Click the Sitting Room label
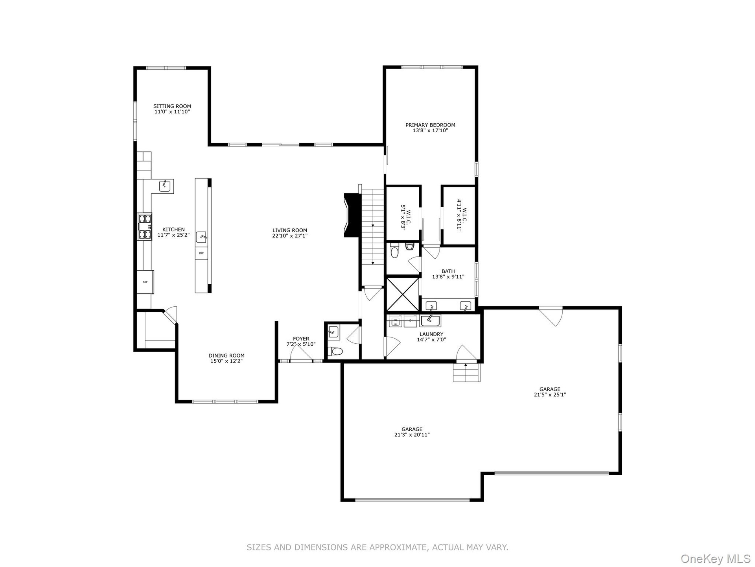click(x=172, y=106)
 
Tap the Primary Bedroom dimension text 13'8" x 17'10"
click(x=431, y=130)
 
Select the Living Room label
click(x=290, y=230)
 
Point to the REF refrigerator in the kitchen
click(x=145, y=282)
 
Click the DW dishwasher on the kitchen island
click(x=201, y=253)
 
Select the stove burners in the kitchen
click(x=145, y=226)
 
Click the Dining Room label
click(x=226, y=356)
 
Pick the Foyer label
click(x=301, y=339)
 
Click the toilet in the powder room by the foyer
click(x=335, y=350)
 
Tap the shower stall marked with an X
click(x=403, y=294)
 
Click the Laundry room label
click(x=431, y=334)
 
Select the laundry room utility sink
click(x=431, y=321)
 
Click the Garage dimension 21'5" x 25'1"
click(x=550, y=395)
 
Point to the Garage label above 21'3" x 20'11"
click(x=412, y=429)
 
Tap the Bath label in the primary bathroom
click(x=448, y=271)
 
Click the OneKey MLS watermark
click(x=715, y=558)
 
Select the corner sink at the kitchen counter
click(x=165, y=186)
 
